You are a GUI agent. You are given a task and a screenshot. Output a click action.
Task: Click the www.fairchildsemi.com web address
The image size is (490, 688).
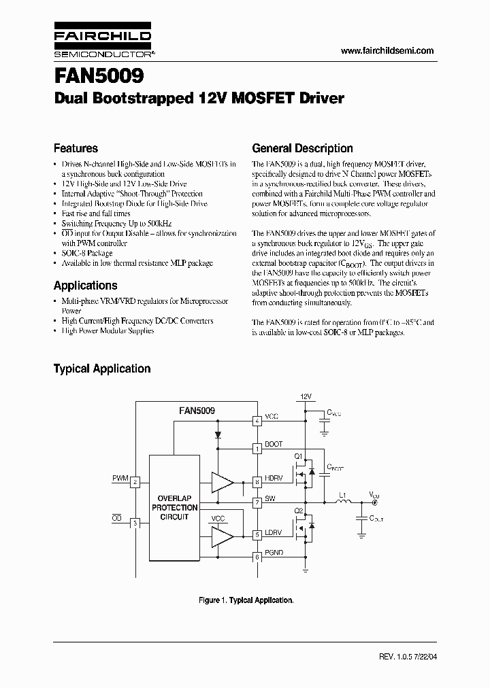tap(386, 51)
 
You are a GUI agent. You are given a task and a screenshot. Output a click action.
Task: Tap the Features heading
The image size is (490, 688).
tap(76, 148)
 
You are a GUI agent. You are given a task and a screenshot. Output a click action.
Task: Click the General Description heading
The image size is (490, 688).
tap(302, 148)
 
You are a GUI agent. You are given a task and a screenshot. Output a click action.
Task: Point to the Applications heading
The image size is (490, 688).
tap(85, 286)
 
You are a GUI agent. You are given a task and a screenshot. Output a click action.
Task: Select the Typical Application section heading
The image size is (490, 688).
tap(102, 368)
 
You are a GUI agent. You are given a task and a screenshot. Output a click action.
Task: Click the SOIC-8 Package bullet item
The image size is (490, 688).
tap(87, 252)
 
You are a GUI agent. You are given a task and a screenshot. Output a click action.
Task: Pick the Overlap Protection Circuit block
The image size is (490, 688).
tap(175, 508)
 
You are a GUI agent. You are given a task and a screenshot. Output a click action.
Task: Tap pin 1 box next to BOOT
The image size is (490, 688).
tap(257, 449)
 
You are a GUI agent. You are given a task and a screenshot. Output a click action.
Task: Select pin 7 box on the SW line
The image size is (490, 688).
tap(257, 504)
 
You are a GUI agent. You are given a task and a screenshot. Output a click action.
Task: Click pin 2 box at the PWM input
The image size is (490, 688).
tap(135, 482)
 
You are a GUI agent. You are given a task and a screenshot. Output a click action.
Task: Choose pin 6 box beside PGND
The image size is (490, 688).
tap(257, 557)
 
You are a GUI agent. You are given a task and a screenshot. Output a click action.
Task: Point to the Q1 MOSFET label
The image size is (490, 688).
tap(297, 455)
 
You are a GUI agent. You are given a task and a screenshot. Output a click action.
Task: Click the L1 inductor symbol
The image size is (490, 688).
tap(344, 502)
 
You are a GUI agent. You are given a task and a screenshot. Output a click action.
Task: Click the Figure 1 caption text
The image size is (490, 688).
tap(246, 600)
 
